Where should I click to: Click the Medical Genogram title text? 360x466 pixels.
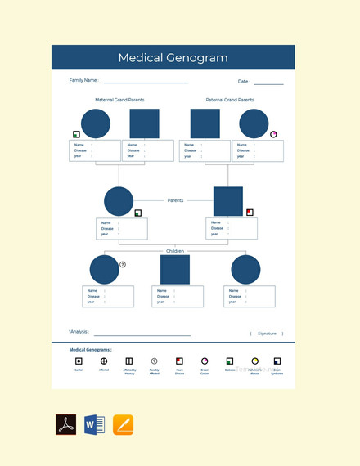(173, 58)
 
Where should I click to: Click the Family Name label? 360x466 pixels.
(83, 81)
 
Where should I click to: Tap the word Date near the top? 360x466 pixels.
(243, 82)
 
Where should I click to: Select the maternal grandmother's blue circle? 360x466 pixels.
(96, 123)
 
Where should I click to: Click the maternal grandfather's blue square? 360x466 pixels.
(145, 123)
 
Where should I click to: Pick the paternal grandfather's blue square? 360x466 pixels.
(205, 123)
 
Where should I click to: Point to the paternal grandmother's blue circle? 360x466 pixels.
(254, 123)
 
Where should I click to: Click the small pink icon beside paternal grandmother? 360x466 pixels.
(273, 134)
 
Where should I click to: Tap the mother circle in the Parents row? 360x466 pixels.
(119, 201)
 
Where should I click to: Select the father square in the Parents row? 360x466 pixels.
(228, 201)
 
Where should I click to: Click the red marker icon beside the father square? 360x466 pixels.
(250, 213)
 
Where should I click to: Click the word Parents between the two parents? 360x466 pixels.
(175, 200)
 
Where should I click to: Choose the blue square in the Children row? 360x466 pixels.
(175, 270)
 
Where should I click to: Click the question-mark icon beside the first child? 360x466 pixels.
(123, 264)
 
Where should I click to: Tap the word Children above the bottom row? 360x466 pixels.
(175, 251)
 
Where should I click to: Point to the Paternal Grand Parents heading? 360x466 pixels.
(225, 100)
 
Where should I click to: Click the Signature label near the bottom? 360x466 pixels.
(267, 334)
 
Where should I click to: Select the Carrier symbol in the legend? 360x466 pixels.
(79, 361)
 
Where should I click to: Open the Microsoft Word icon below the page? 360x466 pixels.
(94, 425)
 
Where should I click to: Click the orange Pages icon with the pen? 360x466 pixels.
(124, 425)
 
